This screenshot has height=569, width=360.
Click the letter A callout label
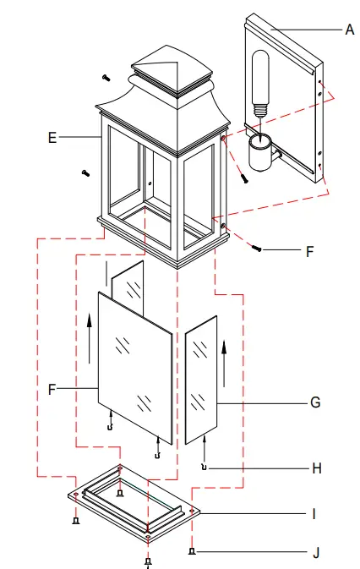(x=349, y=29)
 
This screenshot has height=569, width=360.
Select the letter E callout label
(x=52, y=137)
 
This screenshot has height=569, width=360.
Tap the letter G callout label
(x=315, y=402)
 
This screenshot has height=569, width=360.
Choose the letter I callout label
(x=314, y=513)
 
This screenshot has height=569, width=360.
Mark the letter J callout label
(x=315, y=553)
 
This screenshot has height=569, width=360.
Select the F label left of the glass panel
(x=52, y=390)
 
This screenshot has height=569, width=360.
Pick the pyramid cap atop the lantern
(x=173, y=71)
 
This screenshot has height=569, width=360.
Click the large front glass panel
(x=135, y=368)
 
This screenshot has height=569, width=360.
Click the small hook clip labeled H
(x=204, y=467)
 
